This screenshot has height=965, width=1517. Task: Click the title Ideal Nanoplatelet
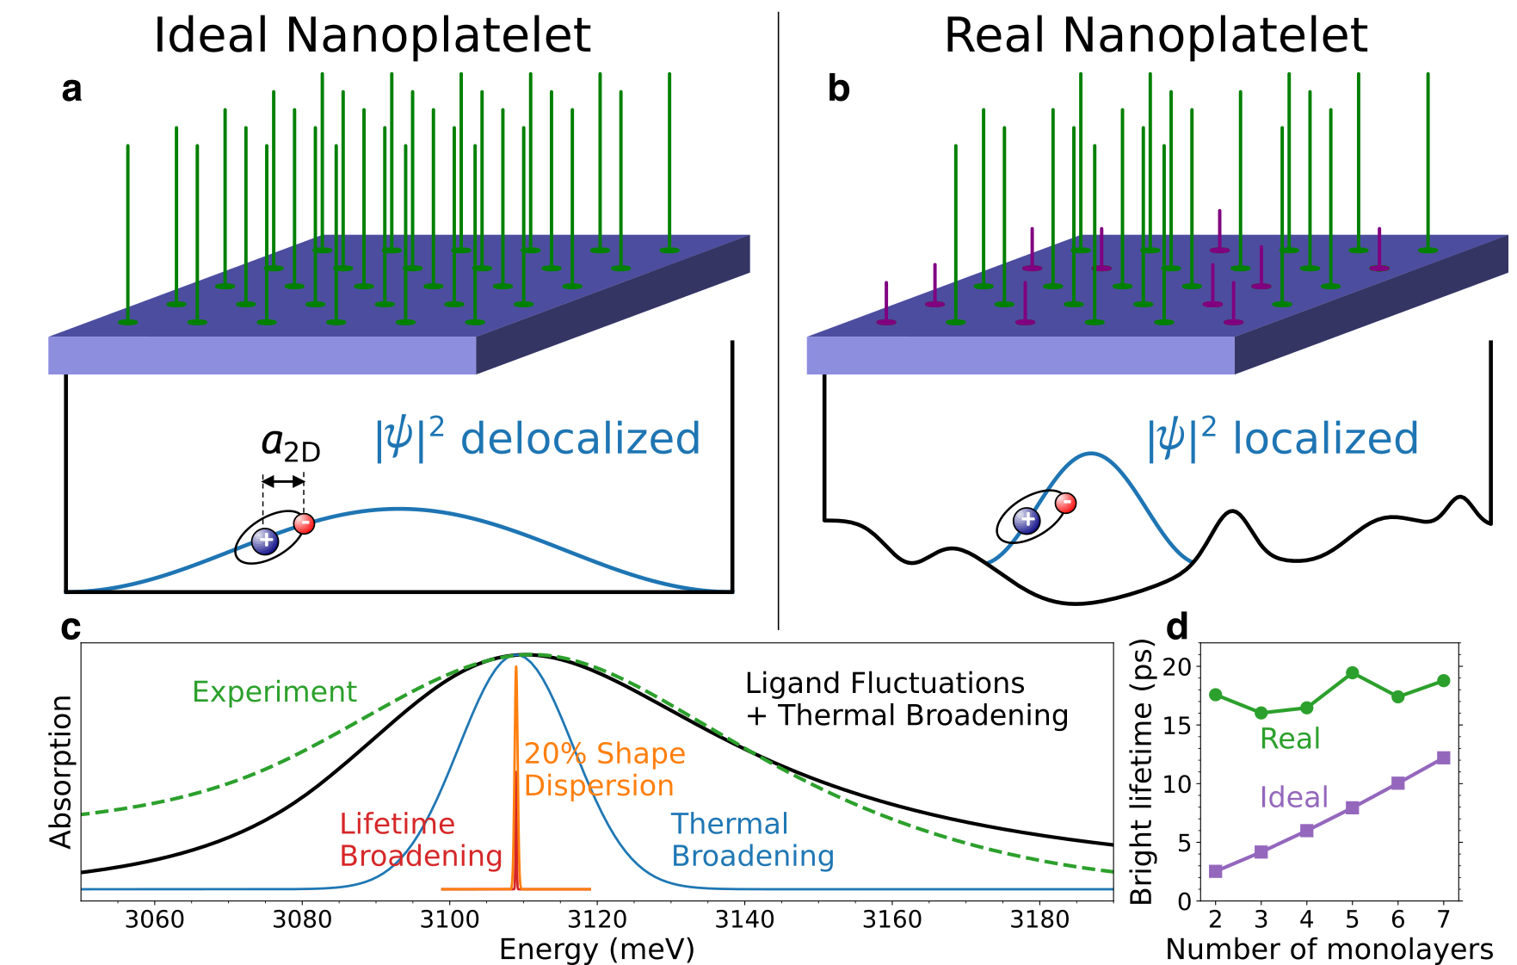pyautogui.click(x=372, y=36)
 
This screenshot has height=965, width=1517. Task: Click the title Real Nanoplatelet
pyautogui.click(x=1155, y=36)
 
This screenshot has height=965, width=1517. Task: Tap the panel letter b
pyautogui.click(x=838, y=89)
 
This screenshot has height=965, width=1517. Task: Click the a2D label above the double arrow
pyautogui.click(x=290, y=444)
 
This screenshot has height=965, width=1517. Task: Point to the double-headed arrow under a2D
pyautogui.click(x=283, y=481)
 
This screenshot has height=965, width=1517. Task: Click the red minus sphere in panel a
pyautogui.click(x=304, y=523)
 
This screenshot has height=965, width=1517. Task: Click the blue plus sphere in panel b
pyautogui.click(x=1027, y=520)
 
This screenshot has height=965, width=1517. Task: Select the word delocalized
pyautogui.click(x=580, y=439)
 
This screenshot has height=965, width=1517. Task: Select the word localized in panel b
pyautogui.click(x=1325, y=439)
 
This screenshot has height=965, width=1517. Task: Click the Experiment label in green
pyautogui.click(x=274, y=691)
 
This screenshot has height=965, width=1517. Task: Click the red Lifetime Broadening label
pyautogui.click(x=420, y=839)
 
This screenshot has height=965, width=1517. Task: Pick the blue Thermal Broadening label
pyautogui.click(x=752, y=839)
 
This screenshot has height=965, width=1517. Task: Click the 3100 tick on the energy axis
pyautogui.click(x=449, y=919)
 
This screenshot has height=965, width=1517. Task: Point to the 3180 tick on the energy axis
pyautogui.click(x=1039, y=919)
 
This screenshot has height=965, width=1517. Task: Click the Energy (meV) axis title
pyautogui.click(x=596, y=949)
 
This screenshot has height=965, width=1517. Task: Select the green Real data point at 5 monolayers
pyautogui.click(x=1352, y=673)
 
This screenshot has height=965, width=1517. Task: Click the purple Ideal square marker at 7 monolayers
pyautogui.click(x=1443, y=758)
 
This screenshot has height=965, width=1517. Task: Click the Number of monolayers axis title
pyautogui.click(x=1329, y=949)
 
